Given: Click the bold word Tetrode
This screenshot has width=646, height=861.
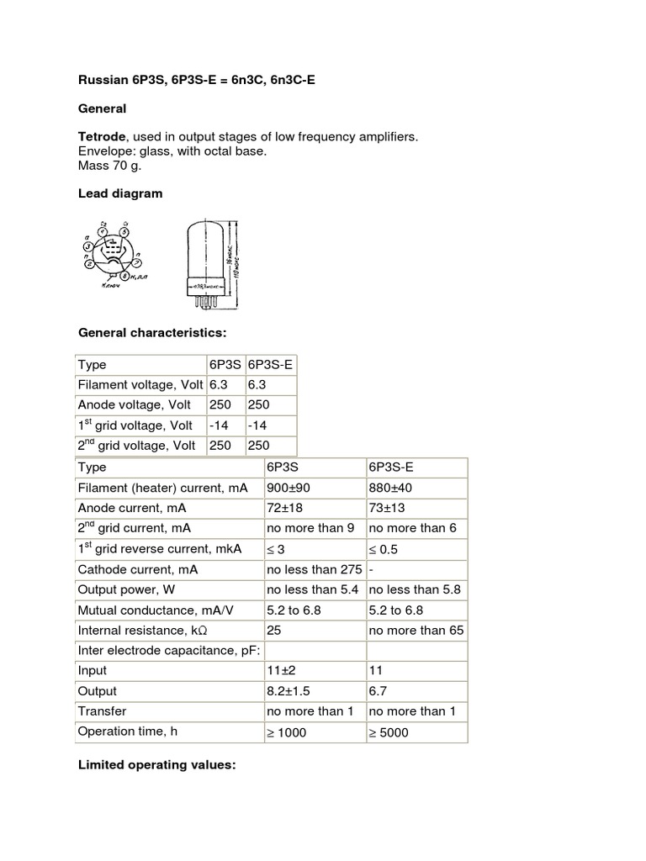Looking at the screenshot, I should [x=101, y=136].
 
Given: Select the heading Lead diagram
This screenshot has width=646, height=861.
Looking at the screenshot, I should [x=120, y=193].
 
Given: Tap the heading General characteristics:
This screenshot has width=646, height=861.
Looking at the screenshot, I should [x=152, y=332].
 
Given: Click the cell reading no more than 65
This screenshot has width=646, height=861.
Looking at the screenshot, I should [x=416, y=631].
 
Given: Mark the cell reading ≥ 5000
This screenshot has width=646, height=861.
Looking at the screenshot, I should [x=389, y=732].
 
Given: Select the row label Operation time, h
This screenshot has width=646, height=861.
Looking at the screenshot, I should [x=128, y=732].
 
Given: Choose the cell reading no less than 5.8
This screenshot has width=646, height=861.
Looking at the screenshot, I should [x=416, y=589].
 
